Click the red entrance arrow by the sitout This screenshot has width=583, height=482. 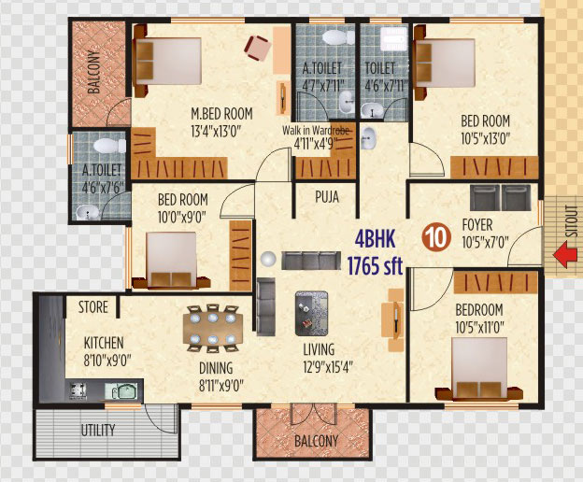(x=565, y=255)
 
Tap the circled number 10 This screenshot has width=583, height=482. (x=436, y=237)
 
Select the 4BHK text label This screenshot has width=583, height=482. (x=375, y=239)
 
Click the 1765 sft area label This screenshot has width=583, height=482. (x=375, y=265)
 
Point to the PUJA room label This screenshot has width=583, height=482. (x=327, y=196)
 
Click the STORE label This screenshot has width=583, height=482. (x=92, y=307)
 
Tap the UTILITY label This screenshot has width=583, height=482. (x=98, y=430)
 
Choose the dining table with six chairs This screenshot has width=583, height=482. (x=213, y=329)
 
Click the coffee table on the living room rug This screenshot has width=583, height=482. (x=311, y=313)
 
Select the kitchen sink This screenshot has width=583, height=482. (x=121, y=391)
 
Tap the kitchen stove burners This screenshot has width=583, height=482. (x=78, y=390)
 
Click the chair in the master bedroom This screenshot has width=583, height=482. (x=257, y=48)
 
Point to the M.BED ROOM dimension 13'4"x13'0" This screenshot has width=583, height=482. (x=216, y=132)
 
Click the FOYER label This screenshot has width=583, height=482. (x=477, y=225)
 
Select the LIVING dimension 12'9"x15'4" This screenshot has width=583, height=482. (x=328, y=367)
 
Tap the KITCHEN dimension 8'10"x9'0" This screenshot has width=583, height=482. (x=107, y=361)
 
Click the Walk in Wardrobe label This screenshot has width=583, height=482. (x=316, y=131)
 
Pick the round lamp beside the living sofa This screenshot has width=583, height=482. (x=268, y=259)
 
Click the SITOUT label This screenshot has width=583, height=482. (x=573, y=221)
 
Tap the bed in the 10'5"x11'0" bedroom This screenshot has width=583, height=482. (x=479, y=369)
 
